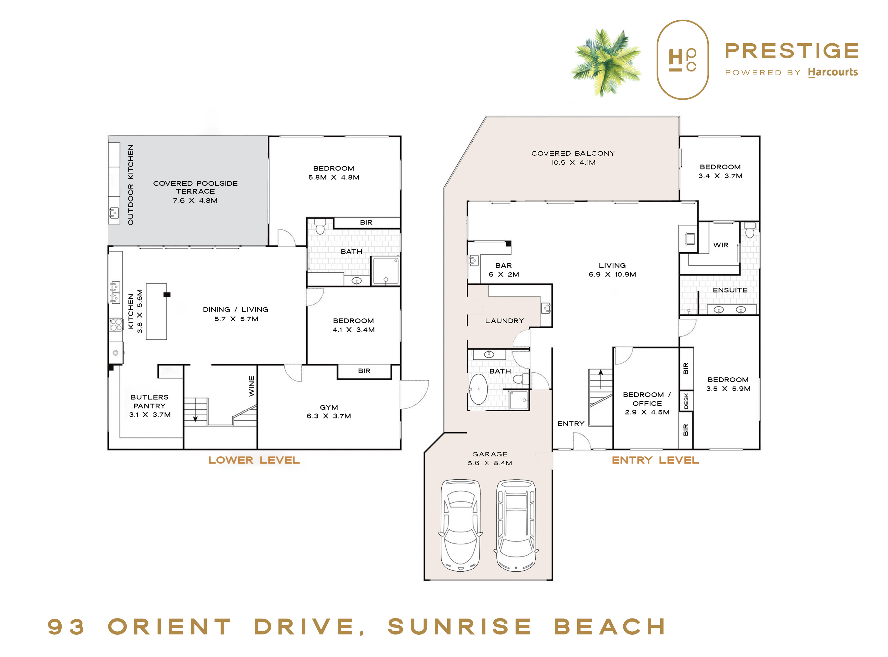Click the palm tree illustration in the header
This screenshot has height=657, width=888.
coord(606,62)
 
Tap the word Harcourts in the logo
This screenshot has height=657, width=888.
coord(833,72)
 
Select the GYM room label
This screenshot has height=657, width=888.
coord(329,407)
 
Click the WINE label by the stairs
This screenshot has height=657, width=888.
coord(252,386)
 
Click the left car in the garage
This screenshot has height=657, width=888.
coord(460,525)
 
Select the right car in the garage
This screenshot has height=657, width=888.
coord(516,525)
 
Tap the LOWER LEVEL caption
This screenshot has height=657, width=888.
coord(254,460)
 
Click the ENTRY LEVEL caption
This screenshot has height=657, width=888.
coord(655,460)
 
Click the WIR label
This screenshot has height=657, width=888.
coord(721,245)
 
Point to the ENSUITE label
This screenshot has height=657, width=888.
coord(730,290)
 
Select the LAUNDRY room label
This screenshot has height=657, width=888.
coord(504,321)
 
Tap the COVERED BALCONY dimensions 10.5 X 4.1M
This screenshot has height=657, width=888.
coord(573,162)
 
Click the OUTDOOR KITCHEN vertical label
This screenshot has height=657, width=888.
coord(131,185)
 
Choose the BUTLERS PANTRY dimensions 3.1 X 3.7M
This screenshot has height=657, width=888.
coord(150,414)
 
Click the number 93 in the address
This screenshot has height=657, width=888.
coord(66,627)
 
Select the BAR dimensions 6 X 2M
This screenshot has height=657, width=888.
coord(504,274)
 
